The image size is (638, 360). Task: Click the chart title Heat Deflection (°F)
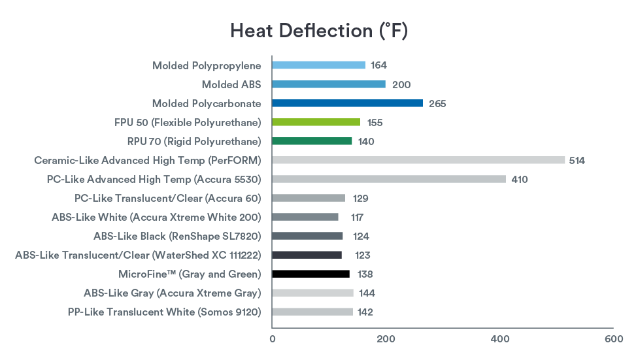pos(319,31)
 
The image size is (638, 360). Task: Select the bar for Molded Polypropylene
pos(318,65)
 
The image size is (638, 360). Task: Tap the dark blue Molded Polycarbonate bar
pos(347,103)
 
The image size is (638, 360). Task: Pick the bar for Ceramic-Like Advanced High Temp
pos(418,160)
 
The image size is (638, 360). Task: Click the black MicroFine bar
pos(311,274)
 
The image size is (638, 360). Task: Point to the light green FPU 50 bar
pos(316,122)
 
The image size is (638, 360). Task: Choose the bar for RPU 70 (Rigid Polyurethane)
pos(312,141)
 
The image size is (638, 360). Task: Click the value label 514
pos(577,161)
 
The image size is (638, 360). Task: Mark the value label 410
pos(520,180)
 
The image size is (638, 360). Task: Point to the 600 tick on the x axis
pos(613,339)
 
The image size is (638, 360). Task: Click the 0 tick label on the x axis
pos(273,339)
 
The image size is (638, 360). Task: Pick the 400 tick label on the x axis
pos(500,339)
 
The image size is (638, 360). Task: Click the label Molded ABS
pos(231,84)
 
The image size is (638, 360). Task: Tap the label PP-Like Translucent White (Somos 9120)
pos(164,312)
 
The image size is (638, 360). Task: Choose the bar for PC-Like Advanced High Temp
pos(389,179)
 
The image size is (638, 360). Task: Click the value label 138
pos(365,274)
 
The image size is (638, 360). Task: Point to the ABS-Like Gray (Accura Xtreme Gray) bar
pos(312,293)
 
